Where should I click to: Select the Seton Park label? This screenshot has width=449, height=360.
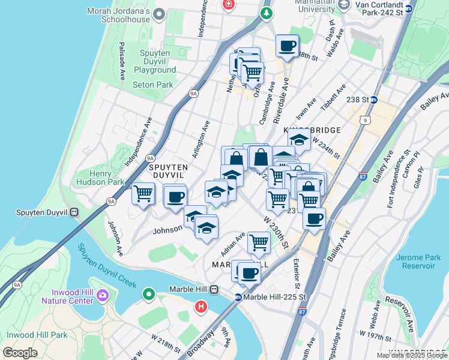coord(152,85)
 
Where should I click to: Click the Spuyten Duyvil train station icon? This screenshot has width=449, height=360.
coord(74,212)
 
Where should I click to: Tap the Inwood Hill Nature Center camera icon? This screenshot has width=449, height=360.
coord(103,295)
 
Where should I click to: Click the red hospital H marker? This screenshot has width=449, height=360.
coord(201,308)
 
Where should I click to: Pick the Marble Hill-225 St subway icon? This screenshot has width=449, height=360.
coord(238,297)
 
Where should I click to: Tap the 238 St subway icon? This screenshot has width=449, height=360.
coord(374,100)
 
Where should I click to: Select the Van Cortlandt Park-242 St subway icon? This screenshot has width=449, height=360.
coord(409,8)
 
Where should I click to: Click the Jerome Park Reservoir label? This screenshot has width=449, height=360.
coord(418,262)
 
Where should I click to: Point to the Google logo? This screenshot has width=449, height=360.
coord(20,353)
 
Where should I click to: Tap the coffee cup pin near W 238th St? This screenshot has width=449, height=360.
coord(287,46)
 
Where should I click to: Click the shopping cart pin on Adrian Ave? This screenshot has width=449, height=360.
coord(259,242)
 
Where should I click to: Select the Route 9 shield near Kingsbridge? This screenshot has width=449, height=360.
coord(365,121)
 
